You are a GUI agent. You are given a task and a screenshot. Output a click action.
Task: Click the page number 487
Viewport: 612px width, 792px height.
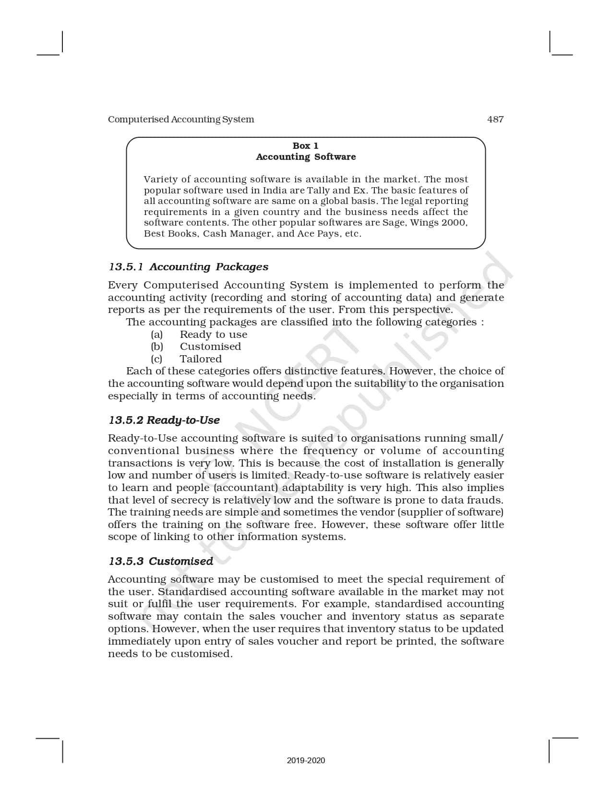tap(495, 119)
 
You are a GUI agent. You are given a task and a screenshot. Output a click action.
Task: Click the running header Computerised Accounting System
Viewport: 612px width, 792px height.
tap(181, 119)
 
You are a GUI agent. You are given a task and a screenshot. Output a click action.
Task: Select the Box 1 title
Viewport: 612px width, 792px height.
tap(305, 145)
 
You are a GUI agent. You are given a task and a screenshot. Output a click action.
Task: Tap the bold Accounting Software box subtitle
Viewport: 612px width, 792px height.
tap(306, 156)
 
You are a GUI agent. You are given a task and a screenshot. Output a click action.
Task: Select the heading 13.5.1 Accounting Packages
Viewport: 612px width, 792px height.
tap(188, 267)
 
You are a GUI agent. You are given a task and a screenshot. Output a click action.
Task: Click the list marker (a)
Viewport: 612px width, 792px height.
tap(157, 335)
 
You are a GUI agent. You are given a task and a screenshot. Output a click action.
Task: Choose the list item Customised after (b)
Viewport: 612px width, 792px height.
tap(210, 347)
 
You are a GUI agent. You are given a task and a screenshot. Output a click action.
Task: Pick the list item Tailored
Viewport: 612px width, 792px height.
tap(201, 359)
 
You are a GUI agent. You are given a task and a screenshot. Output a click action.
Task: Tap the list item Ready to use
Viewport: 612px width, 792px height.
tap(214, 335)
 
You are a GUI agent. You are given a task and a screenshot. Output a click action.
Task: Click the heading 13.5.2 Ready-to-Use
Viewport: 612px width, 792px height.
tap(164, 420)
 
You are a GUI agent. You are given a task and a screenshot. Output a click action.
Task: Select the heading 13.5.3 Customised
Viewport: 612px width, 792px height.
tap(161, 561)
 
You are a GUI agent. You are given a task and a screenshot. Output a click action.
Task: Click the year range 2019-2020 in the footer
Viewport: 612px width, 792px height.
tap(306, 760)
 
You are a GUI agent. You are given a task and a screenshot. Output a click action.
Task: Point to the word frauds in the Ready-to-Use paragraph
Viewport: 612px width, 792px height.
tap(485, 500)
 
